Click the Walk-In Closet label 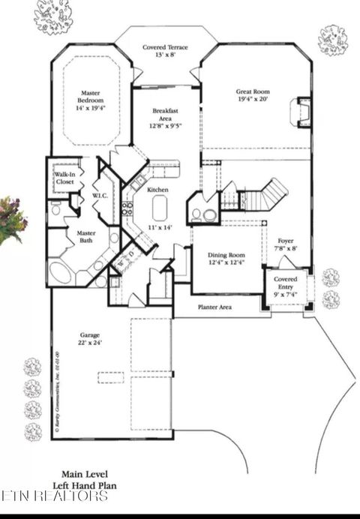coord(64,178)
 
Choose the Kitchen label coord(157,190)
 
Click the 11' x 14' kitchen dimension coord(158,226)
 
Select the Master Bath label coord(87,237)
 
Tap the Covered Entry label coord(285,283)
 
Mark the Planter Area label coord(214,307)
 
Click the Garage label coord(91,335)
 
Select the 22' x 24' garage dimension coord(91,343)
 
